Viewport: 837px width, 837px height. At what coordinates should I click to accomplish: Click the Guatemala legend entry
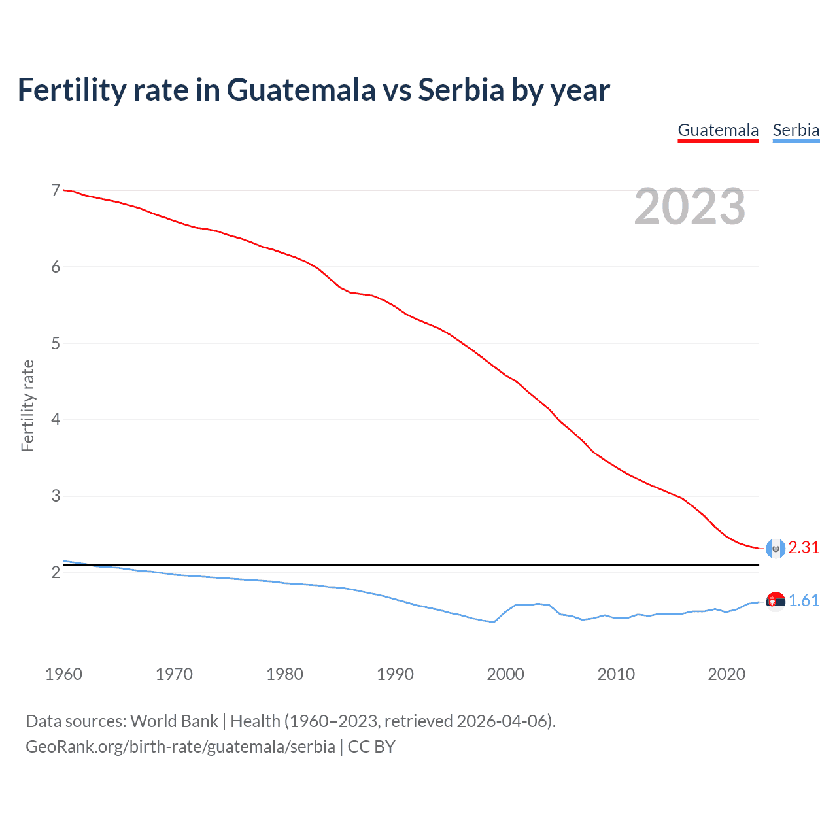tap(718, 130)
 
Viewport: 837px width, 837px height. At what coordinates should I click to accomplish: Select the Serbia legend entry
tap(796, 130)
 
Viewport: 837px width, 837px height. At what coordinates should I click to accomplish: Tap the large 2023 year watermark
tap(690, 207)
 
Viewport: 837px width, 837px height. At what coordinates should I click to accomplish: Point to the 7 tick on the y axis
tap(56, 190)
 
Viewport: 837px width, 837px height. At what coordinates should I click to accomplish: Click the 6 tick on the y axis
tap(56, 267)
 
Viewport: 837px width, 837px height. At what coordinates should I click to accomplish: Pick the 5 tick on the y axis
tap(56, 343)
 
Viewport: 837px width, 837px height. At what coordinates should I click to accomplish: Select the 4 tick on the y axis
tap(56, 419)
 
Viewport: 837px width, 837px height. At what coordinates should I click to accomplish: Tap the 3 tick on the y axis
tap(56, 496)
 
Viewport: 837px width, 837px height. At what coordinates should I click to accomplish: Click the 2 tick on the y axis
tap(56, 572)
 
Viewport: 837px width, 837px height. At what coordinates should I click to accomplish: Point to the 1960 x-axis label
tap(63, 674)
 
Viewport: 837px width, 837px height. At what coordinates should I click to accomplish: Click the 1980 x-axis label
tap(284, 674)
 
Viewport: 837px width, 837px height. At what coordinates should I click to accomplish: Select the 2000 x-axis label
tap(505, 674)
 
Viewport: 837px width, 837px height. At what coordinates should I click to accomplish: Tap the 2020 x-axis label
tap(726, 674)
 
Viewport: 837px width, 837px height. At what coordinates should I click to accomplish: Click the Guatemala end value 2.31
tap(804, 548)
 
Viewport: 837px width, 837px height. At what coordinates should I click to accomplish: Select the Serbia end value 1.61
tap(804, 601)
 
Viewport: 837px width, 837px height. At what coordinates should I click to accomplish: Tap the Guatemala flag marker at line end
tap(776, 549)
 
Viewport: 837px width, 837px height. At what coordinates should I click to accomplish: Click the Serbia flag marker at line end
tap(776, 602)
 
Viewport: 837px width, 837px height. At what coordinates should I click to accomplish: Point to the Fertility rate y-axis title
tap(27, 405)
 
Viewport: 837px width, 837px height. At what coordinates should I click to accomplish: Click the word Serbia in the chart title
tap(460, 90)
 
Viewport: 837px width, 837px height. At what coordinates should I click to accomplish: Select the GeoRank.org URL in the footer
tap(180, 747)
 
